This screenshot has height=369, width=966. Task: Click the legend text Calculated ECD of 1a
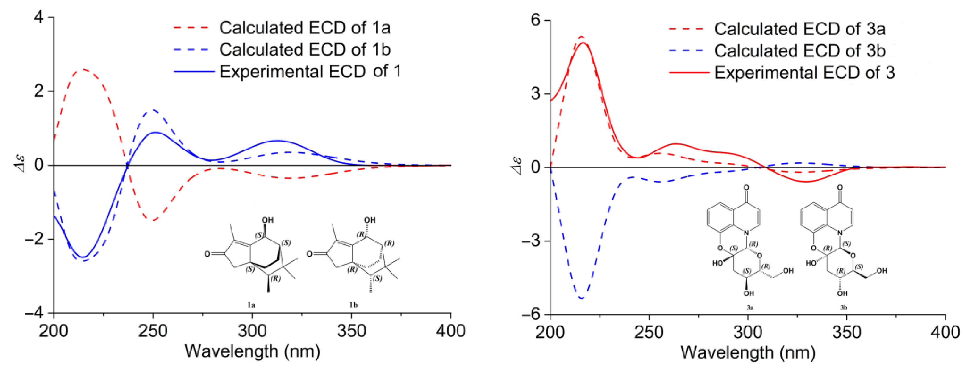pyautogui.click(x=305, y=28)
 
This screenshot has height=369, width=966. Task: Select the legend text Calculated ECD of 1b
pyautogui.click(x=305, y=49)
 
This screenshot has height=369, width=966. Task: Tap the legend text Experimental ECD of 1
pyautogui.click(x=310, y=71)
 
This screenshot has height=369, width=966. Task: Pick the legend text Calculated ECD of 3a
pyautogui.click(x=800, y=29)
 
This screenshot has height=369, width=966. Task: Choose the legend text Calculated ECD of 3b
pyautogui.click(x=800, y=51)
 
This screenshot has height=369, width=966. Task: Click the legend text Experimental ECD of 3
pyautogui.click(x=804, y=72)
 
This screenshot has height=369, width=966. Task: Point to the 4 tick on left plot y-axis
pyautogui.click(x=39, y=17)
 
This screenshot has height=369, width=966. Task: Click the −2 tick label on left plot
pyautogui.click(x=36, y=239)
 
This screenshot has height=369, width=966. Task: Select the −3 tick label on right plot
pyautogui.click(x=531, y=241)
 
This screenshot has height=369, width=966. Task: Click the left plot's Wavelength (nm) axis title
pyautogui.click(x=252, y=351)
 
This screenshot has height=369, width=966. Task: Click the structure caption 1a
pyautogui.click(x=251, y=305)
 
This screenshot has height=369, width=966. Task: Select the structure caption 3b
pyautogui.click(x=843, y=307)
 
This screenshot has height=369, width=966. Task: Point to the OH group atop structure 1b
pyautogui.click(x=369, y=220)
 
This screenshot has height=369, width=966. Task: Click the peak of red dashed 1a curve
pyautogui.click(x=83, y=69)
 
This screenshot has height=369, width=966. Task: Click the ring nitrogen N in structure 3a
pyautogui.click(x=746, y=233)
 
